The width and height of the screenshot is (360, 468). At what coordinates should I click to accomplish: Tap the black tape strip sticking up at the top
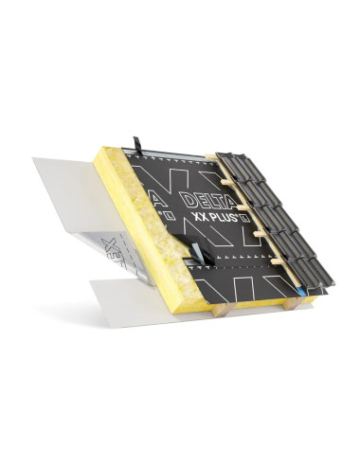point(138,145)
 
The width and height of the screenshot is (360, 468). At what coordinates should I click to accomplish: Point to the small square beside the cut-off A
point(166,215)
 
